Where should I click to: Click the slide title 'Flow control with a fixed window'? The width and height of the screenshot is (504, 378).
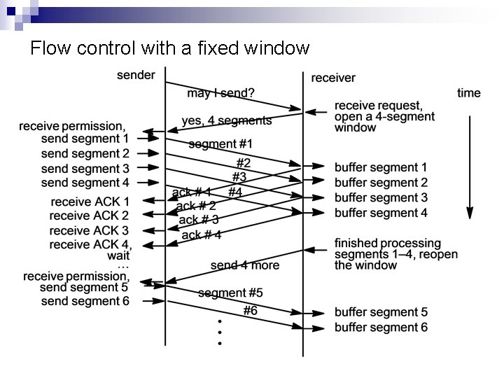point(170,48)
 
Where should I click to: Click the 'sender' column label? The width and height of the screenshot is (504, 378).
point(136,75)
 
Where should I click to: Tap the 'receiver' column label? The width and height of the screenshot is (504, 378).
point(333,78)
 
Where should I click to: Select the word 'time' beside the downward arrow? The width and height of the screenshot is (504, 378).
point(469,92)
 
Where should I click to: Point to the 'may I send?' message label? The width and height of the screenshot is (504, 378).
point(220,93)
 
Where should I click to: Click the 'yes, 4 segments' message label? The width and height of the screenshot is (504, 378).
point(226,120)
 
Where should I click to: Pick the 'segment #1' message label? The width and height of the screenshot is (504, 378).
point(220,144)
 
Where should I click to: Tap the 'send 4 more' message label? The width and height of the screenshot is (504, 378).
point(244,265)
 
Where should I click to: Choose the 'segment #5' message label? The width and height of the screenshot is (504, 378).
point(230,293)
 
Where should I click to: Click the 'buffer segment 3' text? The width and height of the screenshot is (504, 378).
point(381,198)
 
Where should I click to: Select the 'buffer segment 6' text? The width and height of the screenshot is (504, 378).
point(381,328)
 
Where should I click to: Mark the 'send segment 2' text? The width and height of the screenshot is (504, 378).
point(85,153)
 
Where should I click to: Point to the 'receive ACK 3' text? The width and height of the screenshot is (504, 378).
point(90,230)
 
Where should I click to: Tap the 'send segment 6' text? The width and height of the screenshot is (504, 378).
point(85,301)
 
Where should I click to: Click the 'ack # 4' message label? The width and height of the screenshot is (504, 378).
point(202,235)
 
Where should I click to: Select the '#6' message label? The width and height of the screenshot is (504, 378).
point(251,310)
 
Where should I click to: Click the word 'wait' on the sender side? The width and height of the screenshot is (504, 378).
point(118,256)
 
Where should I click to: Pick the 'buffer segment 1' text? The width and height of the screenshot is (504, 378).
point(381,168)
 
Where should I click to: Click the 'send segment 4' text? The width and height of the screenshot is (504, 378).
point(85,183)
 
